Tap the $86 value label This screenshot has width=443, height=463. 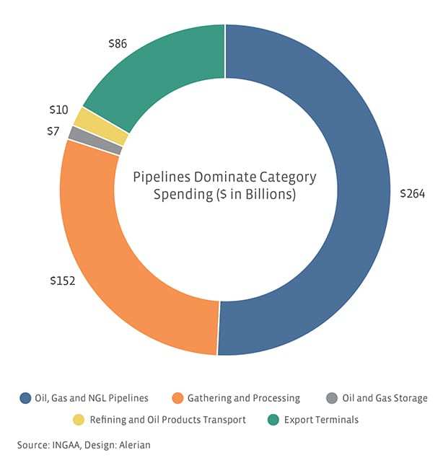(116, 44)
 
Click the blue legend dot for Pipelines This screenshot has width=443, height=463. (26, 398)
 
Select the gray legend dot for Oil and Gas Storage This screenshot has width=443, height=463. (331, 398)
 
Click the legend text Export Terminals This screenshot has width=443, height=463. (322, 419)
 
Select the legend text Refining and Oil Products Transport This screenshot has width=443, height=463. (168, 419)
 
